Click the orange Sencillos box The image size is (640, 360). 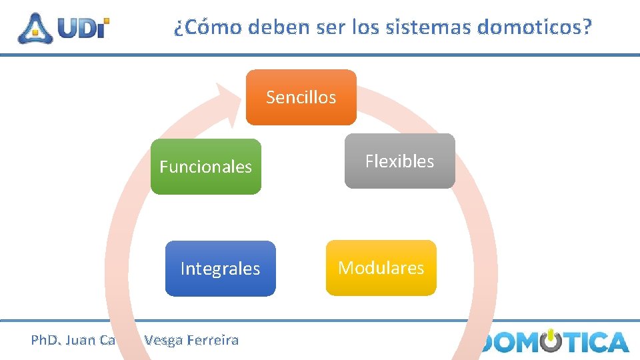tap(301, 97)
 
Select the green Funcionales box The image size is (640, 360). tap(205, 167)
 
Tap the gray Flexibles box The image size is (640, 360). tap(399, 161)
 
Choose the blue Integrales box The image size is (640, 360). tap(220, 269)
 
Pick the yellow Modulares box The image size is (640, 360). tap(381, 268)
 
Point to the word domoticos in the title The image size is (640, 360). tap(535, 27)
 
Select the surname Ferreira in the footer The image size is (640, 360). tap(213, 340)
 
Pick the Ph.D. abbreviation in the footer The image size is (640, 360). tap(45, 340)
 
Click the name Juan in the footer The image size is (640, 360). tap(80, 340)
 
